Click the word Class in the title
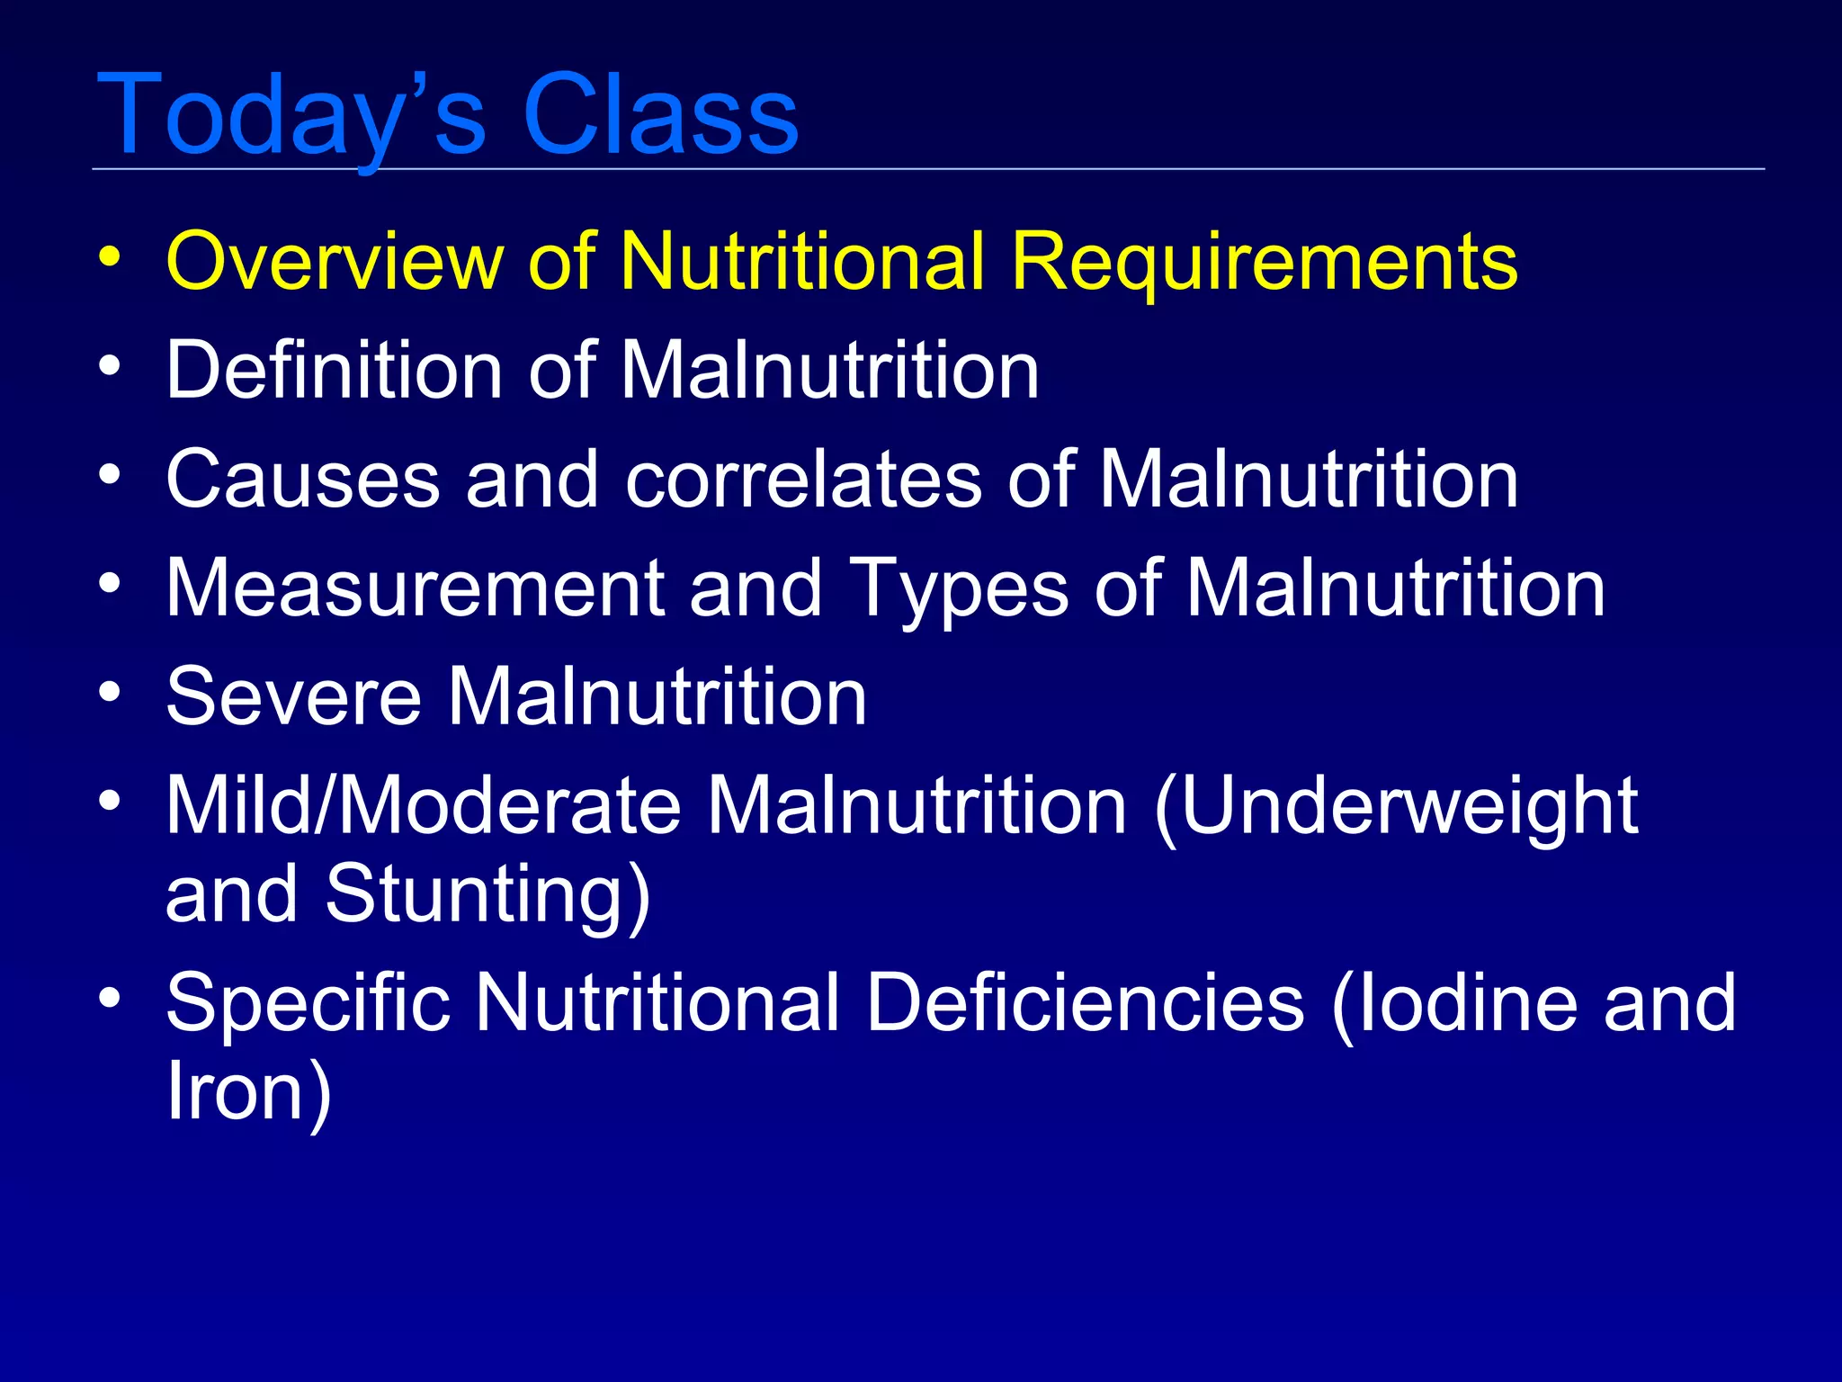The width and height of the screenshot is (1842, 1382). click(660, 115)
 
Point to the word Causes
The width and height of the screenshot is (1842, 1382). click(303, 480)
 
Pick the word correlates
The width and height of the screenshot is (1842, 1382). click(803, 480)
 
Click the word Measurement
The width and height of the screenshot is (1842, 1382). click(415, 588)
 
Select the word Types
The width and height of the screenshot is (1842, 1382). click(959, 590)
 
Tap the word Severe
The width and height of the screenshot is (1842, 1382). click(293, 697)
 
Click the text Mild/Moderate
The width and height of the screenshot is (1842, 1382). click(424, 806)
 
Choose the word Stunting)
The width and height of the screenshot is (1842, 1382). click(487, 895)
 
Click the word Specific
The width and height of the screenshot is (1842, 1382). click(308, 1003)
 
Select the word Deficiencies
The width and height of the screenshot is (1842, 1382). click(1085, 1003)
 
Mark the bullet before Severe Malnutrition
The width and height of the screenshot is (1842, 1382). click(110, 692)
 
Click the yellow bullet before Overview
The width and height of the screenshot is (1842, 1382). click(110, 257)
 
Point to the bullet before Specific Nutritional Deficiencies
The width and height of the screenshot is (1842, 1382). click(110, 998)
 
